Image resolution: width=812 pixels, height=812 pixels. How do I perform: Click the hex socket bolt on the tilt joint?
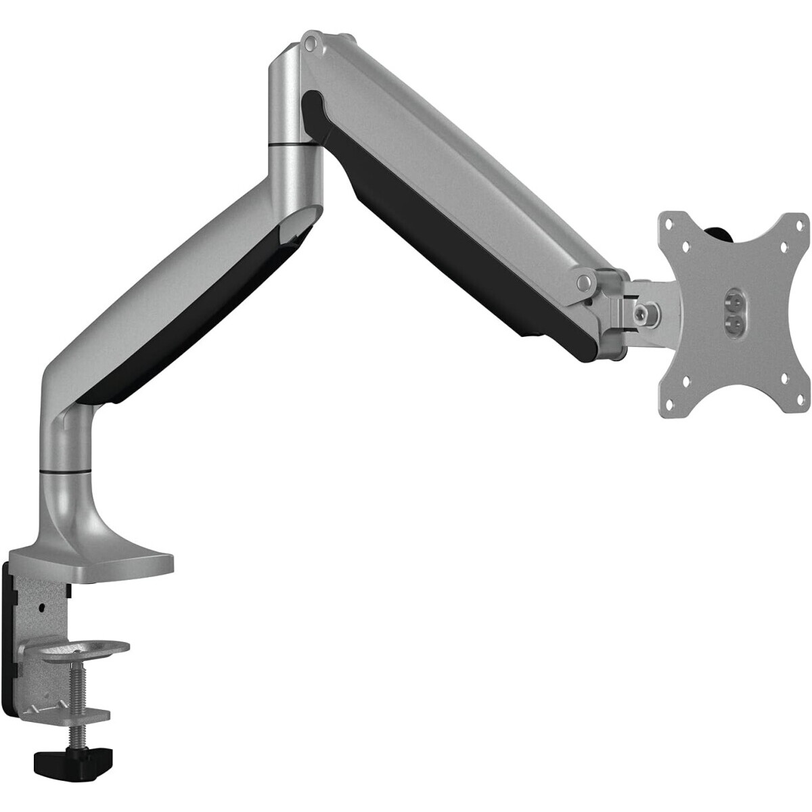(639, 311)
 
